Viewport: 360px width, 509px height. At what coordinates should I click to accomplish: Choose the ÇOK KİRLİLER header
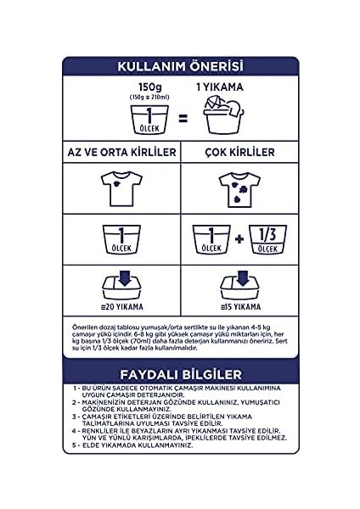pos(238,152)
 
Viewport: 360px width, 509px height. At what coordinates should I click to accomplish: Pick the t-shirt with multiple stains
pos(238,187)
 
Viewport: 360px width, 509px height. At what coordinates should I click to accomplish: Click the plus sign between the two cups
pos(239,238)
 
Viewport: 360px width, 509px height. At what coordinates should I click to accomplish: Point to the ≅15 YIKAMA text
pos(239,304)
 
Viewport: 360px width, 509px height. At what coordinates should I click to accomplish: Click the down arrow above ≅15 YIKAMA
pos(239,277)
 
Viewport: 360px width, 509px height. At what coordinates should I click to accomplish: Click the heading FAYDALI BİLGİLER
pos(179,374)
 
